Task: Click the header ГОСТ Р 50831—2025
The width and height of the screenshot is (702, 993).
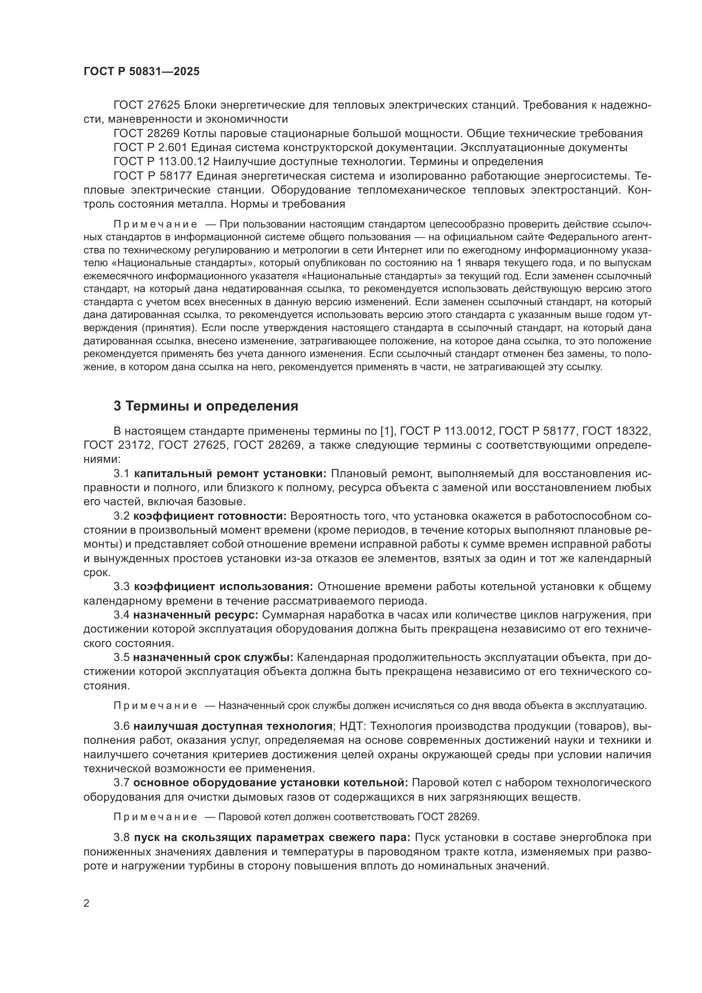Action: pos(141,71)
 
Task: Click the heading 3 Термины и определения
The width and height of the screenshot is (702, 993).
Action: pos(206,406)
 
